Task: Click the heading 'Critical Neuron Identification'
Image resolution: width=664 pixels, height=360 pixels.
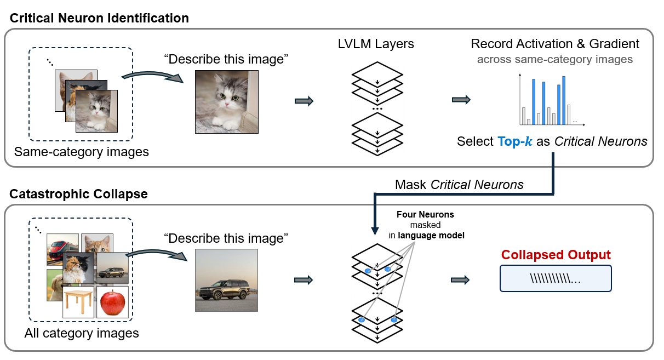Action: click(99, 18)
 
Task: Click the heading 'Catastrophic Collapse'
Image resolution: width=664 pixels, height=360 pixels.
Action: click(79, 194)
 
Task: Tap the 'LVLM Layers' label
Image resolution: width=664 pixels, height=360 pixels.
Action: click(376, 44)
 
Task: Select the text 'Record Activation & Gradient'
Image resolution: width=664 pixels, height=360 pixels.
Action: click(555, 44)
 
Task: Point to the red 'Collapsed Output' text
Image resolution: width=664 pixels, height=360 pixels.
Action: click(556, 255)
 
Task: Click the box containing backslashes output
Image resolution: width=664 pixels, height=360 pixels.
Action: click(556, 278)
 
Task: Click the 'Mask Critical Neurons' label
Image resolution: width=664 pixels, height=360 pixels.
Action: click(459, 185)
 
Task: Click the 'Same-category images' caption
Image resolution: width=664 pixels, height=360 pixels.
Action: click(82, 151)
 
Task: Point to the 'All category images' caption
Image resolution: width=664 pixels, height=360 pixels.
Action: click(82, 333)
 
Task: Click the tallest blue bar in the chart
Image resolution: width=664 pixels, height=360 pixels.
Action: click(564, 100)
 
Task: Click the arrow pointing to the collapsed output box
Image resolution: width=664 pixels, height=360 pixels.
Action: click(461, 280)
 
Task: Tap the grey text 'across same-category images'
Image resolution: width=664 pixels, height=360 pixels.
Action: click(555, 59)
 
